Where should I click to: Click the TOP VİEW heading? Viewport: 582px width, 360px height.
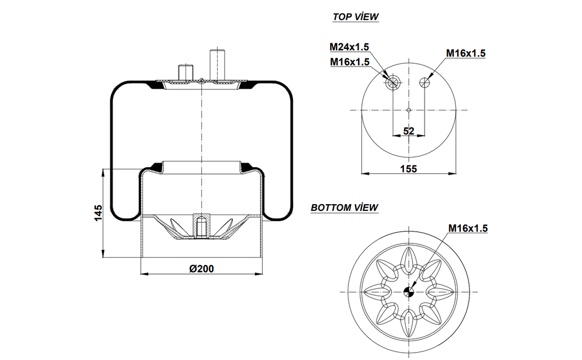pyautogui.click(x=355, y=17)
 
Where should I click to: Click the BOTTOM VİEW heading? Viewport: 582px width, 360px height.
pyautogui.click(x=344, y=208)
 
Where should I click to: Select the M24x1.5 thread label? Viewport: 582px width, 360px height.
pyautogui.click(x=349, y=47)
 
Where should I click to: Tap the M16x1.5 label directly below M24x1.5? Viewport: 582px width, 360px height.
pyautogui.click(x=349, y=61)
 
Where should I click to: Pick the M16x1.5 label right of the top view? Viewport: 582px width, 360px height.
pyautogui.click(x=465, y=53)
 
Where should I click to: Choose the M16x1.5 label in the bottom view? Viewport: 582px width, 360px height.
pyautogui.click(x=468, y=228)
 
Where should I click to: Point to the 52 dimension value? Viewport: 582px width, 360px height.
pyautogui.click(x=408, y=131)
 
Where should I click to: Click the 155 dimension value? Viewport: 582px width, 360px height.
pyautogui.click(x=408, y=168)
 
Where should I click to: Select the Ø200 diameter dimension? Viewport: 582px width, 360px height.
pyautogui.click(x=202, y=268)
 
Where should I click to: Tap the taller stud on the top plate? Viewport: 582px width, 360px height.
pyautogui.click(x=217, y=64)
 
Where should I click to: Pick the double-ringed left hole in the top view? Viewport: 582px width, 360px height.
pyautogui.click(x=392, y=83)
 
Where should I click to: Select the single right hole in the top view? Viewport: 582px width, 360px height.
pyautogui.click(x=424, y=83)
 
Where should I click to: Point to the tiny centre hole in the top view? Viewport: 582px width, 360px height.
pyautogui.click(x=408, y=109)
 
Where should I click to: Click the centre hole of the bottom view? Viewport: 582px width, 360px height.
pyautogui.click(x=408, y=292)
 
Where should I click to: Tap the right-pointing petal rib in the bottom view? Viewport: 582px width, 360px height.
pyautogui.click(x=441, y=292)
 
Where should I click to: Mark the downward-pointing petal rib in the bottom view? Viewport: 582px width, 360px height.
pyautogui.click(x=408, y=325)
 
